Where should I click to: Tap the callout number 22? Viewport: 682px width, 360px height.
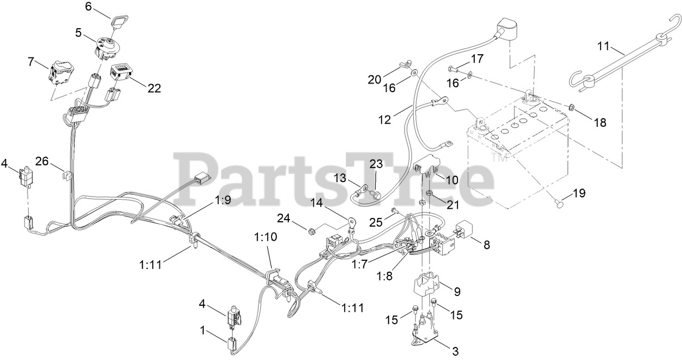coord(155,88)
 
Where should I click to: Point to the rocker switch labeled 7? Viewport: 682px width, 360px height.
coord(59,74)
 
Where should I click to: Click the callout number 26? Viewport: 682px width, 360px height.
coord(42,161)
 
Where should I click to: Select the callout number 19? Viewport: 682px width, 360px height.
coord(579,192)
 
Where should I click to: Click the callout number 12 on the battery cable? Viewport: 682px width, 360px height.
coord(384,119)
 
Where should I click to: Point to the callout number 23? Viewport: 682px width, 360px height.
coord(376,163)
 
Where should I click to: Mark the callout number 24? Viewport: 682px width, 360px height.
coord(283,219)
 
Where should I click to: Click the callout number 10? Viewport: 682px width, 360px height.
coord(452,179)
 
